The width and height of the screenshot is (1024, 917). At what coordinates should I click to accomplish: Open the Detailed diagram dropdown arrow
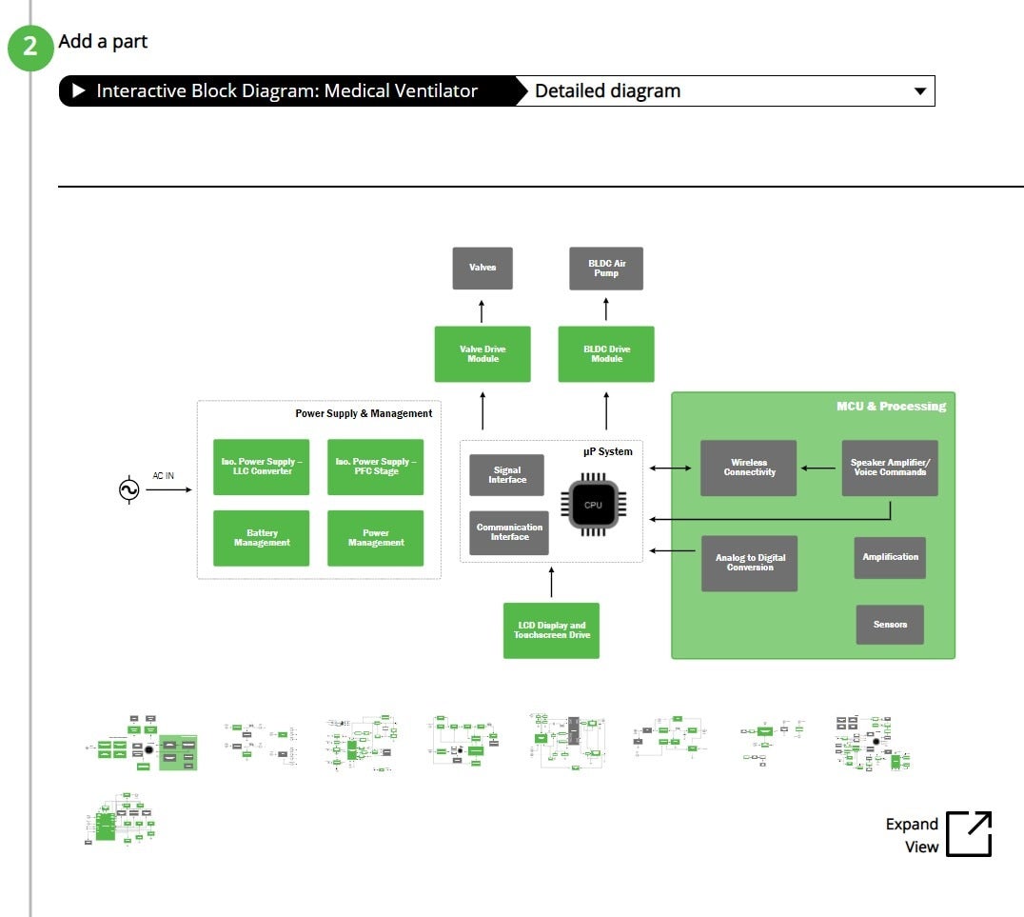919,91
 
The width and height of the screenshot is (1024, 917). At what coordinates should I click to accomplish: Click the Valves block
482,269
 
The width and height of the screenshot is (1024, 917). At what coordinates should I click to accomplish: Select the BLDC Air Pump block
606,269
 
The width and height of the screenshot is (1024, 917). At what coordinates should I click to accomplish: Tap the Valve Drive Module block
482,354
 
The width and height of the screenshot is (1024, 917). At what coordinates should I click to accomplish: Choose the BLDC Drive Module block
606,354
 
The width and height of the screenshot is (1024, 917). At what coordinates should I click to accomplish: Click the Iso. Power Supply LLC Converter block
262,467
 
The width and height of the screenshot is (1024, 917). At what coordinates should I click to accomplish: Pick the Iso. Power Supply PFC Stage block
376,467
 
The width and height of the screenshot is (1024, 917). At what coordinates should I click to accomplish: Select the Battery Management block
262,538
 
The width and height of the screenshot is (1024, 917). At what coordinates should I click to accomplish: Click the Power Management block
376,538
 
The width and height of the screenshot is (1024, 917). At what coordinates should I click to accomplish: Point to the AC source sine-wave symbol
128,489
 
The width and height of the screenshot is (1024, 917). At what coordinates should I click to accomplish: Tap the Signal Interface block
507,475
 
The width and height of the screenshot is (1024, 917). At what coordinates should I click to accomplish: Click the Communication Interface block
509,532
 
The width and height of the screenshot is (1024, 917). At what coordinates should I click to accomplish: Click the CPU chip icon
593,504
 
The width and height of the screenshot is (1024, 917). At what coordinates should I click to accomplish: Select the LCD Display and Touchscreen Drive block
551,630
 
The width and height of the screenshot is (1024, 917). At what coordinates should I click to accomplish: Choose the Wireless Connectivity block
749,468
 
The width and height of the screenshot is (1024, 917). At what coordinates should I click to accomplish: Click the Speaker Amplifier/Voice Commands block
890,468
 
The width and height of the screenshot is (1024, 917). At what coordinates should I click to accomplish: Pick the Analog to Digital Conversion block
750,563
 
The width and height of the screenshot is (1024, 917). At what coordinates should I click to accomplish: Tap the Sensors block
890,625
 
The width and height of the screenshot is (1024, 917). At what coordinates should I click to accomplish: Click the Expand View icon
969,834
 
